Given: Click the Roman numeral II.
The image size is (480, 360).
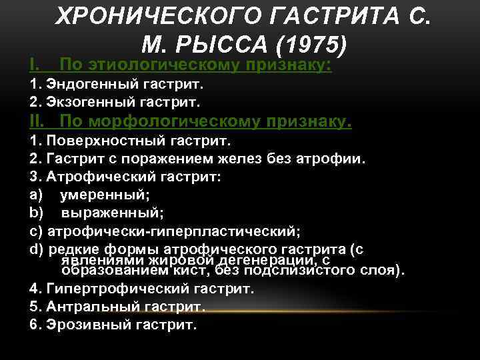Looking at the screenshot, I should point(37,122).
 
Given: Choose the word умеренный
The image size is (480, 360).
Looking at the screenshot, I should point(103,196).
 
